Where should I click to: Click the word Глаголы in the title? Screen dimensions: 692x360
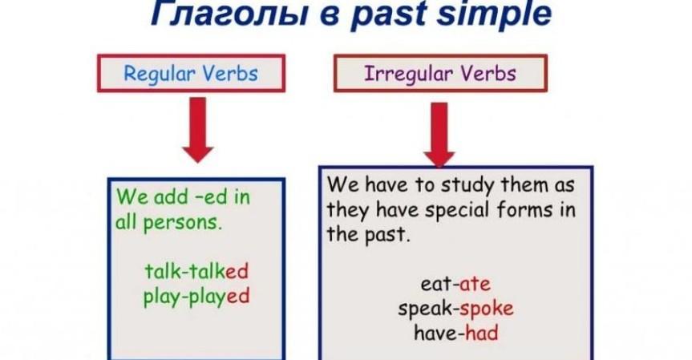pyautogui.click(x=229, y=14)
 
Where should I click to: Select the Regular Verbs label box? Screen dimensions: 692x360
pyautogui.click(x=191, y=73)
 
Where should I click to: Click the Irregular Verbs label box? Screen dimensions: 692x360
pyautogui.click(x=440, y=73)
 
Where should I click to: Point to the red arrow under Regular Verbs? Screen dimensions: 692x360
pyautogui.click(x=198, y=130)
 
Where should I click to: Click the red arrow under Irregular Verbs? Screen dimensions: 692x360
pyautogui.click(x=439, y=135)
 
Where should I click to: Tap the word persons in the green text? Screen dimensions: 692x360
pyautogui.click(x=182, y=223)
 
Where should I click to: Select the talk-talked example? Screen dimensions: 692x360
pyautogui.click(x=196, y=271)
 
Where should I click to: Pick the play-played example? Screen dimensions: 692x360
pyautogui.click(x=196, y=297)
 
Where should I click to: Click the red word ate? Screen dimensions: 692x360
pyautogui.click(x=475, y=284)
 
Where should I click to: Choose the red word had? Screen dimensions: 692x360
pyautogui.click(x=481, y=333)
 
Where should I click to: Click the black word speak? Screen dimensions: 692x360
pyautogui.click(x=425, y=309)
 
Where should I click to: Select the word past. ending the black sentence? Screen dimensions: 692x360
pyautogui.click(x=387, y=236)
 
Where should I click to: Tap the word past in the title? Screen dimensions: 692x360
pyautogui.click(x=388, y=15)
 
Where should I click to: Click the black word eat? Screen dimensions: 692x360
pyautogui.click(x=435, y=284)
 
